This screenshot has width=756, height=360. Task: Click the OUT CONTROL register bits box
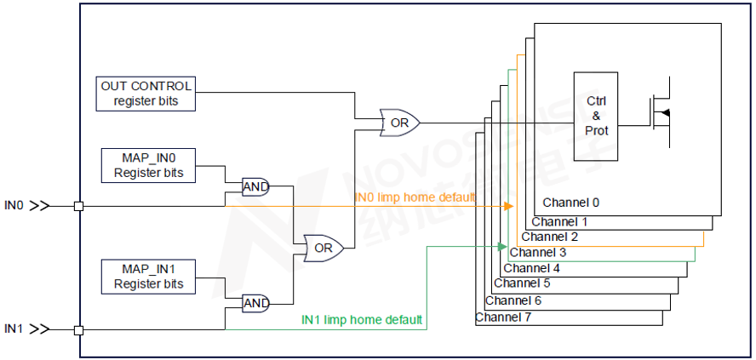146,94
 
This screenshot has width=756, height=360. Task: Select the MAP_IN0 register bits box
148,165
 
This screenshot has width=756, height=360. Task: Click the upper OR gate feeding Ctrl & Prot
398,123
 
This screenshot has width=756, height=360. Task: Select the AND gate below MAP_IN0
255,187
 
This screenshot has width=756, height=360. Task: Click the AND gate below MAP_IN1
255,303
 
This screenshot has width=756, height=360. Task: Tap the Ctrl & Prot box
596,116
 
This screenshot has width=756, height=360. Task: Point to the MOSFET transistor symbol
661,113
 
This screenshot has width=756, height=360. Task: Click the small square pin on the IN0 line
79,206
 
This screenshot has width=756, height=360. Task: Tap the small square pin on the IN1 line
79,329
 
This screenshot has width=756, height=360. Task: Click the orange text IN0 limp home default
415,197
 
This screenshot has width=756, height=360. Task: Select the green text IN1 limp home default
362,320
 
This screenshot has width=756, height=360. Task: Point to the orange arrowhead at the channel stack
509,206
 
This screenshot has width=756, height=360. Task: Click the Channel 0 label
571,203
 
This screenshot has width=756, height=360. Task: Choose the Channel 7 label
503,317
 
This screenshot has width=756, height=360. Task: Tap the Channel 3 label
537,253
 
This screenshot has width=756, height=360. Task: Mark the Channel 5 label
521,283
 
